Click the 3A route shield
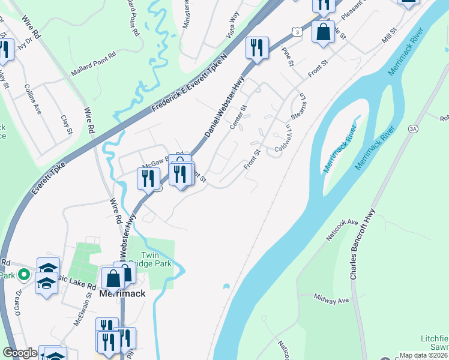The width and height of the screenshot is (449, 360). [413, 128]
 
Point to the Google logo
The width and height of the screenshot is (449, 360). [20, 353]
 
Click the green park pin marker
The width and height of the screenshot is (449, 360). [24, 275]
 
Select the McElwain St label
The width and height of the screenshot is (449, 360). [83, 313]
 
